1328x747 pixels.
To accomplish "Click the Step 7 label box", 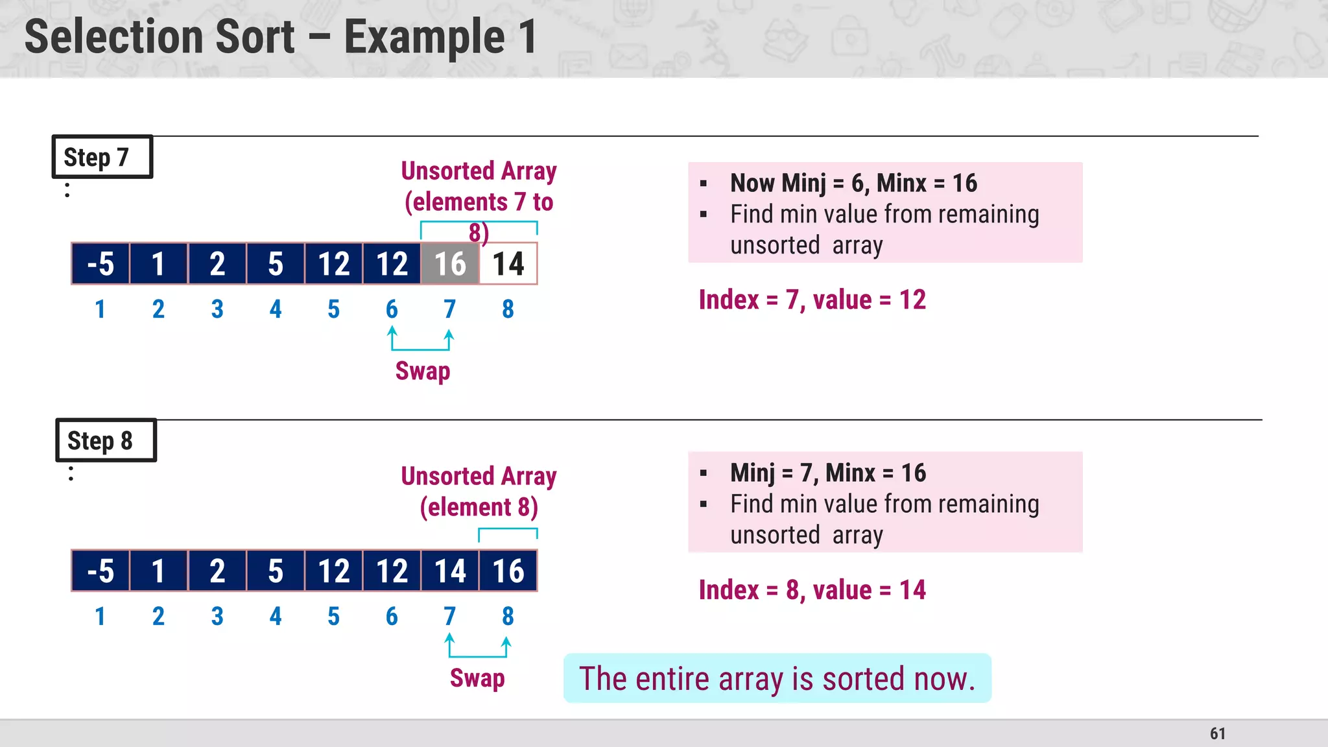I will (x=102, y=157).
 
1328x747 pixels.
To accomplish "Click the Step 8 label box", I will (x=106, y=440).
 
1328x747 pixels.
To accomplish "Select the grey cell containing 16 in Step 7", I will (x=450, y=264).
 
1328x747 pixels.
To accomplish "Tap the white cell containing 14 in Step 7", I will (x=508, y=264).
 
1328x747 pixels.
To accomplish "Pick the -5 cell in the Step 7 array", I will (x=101, y=264).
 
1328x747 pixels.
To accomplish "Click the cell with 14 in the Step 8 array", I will (x=450, y=571).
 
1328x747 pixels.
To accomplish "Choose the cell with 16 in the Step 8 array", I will (x=508, y=571).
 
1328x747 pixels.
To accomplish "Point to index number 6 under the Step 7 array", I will (x=392, y=309).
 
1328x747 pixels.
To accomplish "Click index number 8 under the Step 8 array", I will (x=508, y=616).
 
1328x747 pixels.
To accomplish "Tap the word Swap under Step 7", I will (x=423, y=371).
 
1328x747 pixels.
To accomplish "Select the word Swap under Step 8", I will (x=477, y=678).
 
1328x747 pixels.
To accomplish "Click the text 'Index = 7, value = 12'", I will (x=812, y=300).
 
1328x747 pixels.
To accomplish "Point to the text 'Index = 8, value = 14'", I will (x=812, y=590).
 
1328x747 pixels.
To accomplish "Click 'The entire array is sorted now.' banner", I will (x=777, y=679).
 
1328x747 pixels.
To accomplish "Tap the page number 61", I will (x=1217, y=733).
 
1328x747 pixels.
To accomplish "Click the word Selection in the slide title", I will (x=159, y=37).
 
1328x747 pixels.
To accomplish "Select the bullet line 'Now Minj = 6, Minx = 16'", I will (x=853, y=184).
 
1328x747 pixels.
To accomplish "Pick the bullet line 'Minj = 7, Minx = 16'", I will (x=828, y=473).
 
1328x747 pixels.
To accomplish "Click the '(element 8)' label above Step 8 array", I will (x=479, y=507).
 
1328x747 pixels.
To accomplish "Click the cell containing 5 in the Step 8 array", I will (x=276, y=571).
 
